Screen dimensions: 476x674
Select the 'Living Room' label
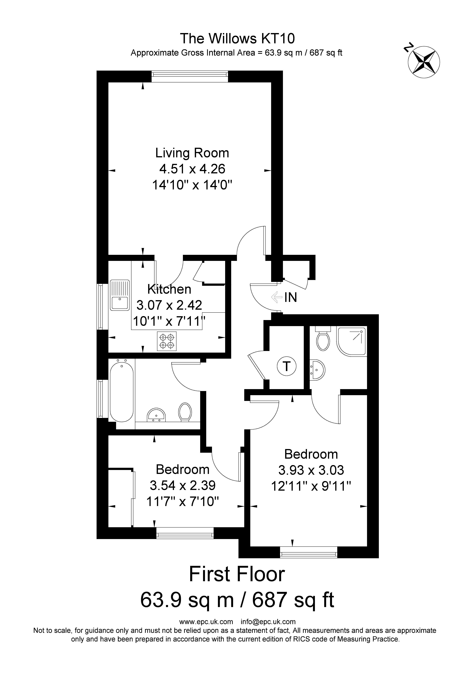pyautogui.click(x=192, y=153)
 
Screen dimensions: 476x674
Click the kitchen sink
pyautogui.click(x=120, y=295)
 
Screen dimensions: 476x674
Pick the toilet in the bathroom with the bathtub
pyautogui.click(x=185, y=412)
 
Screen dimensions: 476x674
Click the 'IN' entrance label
pyautogui.click(x=291, y=298)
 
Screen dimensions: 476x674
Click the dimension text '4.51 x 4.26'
pyautogui.click(x=192, y=169)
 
